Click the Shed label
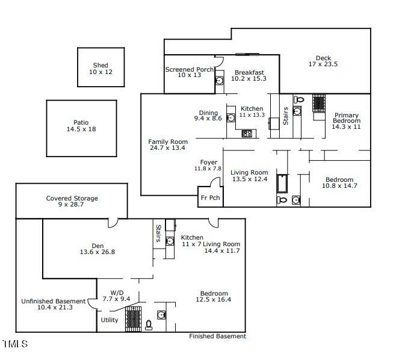point(100,66)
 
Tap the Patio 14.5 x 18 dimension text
point(81,129)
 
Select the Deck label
point(323,58)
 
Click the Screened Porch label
point(190,69)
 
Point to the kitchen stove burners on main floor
point(247,134)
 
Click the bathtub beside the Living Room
point(282,184)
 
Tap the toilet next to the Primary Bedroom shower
point(299,99)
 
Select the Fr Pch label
point(210,197)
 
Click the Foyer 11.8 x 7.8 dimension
point(208,169)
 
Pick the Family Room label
point(168,141)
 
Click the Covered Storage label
point(72,198)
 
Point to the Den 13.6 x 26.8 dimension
point(97,252)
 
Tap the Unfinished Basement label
point(53,301)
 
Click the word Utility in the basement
point(110,320)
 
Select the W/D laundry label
point(117,293)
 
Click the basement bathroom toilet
point(149,325)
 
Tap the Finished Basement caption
point(217,337)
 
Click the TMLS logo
point(15,344)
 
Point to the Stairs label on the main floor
point(285,116)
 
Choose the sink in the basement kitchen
point(170,241)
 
